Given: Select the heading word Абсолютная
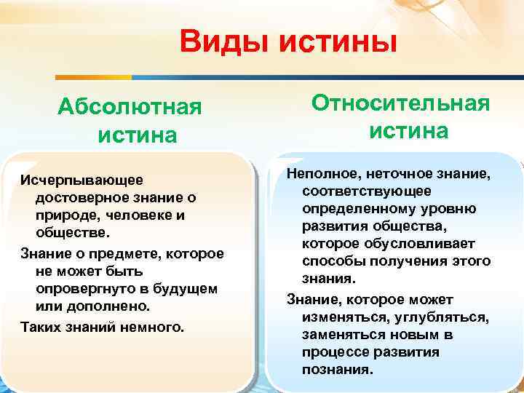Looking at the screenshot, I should [130, 108].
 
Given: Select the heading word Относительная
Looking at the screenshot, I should [401, 103].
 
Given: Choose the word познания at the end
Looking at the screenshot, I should [336, 369].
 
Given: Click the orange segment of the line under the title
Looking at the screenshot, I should [94, 76].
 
